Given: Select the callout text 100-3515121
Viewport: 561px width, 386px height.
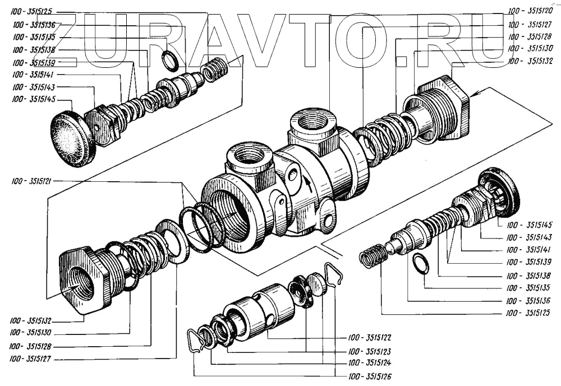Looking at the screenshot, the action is click(31, 181).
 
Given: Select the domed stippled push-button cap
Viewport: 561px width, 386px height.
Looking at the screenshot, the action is click(72, 138).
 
